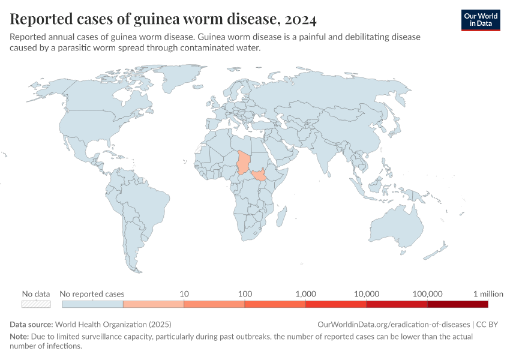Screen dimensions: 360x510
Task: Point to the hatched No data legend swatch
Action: pos(35,304)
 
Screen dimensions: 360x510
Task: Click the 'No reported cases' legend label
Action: pos(93,294)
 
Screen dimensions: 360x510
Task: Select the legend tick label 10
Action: pos(184,294)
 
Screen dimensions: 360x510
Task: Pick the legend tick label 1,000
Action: pos(305,294)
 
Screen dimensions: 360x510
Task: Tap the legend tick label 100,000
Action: pos(427,294)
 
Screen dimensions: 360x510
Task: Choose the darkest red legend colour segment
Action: pos(458,304)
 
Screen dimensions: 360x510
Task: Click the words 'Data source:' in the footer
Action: pos(31,324)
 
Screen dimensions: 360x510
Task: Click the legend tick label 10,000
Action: pos(367,294)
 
